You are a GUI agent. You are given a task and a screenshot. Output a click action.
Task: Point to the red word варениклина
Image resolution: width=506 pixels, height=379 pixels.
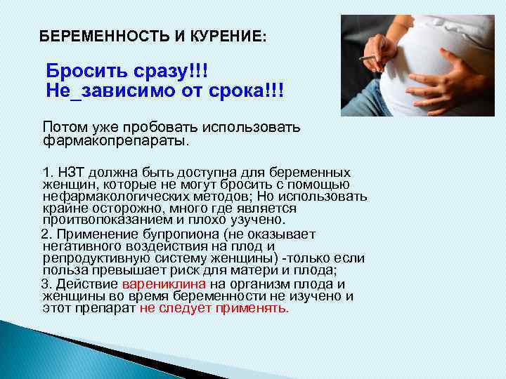pos(164,284)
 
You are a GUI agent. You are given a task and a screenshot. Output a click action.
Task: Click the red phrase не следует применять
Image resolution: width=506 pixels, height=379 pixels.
pos(214,307)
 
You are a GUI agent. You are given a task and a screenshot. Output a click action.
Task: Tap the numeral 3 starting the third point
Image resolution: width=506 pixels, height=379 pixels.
pos(45,284)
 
